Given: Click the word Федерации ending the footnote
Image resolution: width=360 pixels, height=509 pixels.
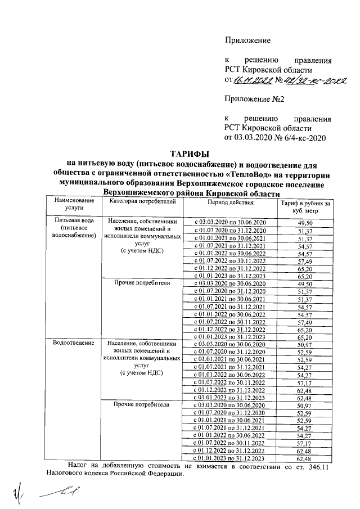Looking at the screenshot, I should coord(164,475).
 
